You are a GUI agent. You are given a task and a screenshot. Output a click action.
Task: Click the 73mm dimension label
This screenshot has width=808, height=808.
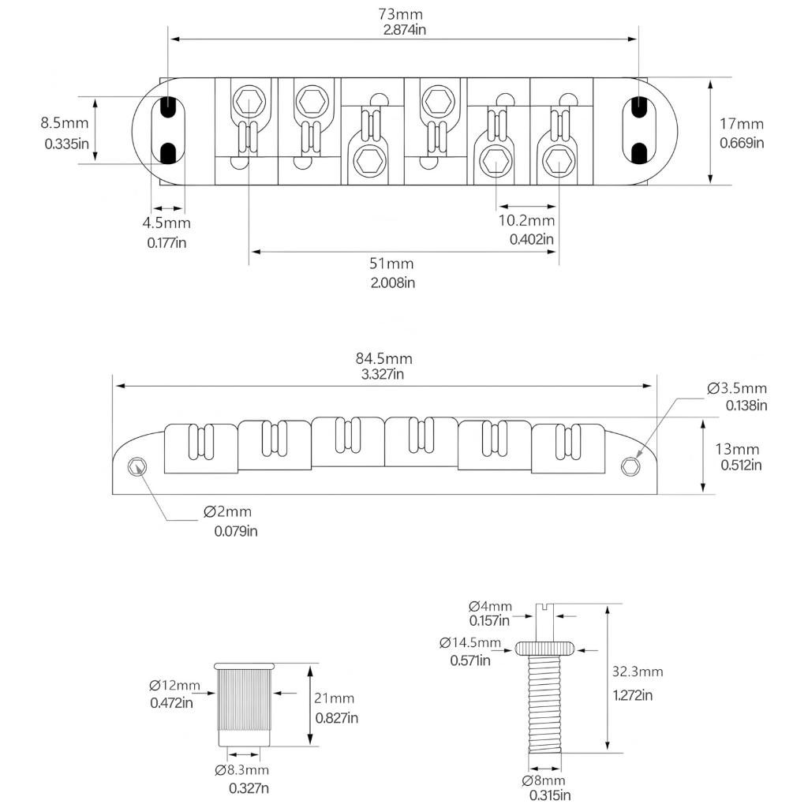click(x=402, y=14)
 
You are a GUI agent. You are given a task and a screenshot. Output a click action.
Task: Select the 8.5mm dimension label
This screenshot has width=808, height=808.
click(x=65, y=123)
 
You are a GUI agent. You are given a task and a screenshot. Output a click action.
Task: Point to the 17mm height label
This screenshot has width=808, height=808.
click(x=742, y=123)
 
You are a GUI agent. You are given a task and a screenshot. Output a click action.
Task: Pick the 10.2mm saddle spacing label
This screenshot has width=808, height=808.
click(x=526, y=220)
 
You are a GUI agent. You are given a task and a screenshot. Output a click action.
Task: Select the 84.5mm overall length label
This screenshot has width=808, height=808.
click(x=384, y=358)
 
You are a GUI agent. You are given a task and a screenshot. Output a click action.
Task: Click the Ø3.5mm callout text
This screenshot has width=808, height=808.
click(x=737, y=388)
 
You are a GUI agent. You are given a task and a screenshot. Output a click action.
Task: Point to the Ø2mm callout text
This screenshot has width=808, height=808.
click(x=229, y=512)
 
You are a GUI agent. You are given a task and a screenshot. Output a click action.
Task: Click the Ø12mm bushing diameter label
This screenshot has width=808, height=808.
click(x=174, y=685)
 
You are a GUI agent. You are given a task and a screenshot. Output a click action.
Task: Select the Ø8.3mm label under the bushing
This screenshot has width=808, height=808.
click(x=241, y=770)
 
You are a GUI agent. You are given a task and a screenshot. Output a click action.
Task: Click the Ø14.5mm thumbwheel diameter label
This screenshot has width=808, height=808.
click(x=469, y=642)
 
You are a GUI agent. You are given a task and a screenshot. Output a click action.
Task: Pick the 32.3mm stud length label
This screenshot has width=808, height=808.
click(x=638, y=672)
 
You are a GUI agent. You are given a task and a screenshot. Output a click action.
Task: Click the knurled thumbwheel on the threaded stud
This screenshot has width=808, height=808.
click(x=544, y=649)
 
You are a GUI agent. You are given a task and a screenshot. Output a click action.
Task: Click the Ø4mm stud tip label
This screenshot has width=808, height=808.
click(x=489, y=606)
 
